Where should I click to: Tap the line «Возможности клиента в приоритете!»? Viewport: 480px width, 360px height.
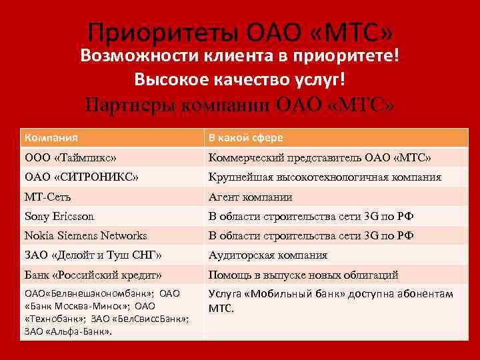pyautogui.click(x=239, y=55)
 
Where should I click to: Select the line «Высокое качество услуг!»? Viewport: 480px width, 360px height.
pyautogui.click(x=239, y=79)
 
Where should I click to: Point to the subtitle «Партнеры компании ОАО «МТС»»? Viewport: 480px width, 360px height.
pyautogui.click(x=239, y=105)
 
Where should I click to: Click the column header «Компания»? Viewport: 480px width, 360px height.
pyautogui.click(x=51, y=138)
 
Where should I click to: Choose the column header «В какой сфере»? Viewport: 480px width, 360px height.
pyautogui.click(x=246, y=138)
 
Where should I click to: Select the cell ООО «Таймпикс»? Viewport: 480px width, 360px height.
pyautogui.click(x=71, y=158)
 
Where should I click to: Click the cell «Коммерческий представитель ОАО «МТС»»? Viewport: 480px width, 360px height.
pyautogui.click(x=320, y=158)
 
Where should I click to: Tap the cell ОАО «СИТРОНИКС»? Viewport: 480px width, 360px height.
pyautogui.click(x=82, y=177)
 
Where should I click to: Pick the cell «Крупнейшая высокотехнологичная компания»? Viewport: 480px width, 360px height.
pyautogui.click(x=325, y=177)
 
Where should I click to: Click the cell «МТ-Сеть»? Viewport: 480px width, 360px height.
pyautogui.click(x=48, y=197)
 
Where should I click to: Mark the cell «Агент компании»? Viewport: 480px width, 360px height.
pyautogui.click(x=250, y=197)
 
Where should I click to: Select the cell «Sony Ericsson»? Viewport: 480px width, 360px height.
pyautogui.click(x=59, y=216)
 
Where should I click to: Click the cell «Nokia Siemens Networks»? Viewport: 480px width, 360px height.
pyautogui.click(x=86, y=235)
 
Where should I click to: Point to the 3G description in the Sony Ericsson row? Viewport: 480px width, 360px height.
pyautogui.click(x=311, y=216)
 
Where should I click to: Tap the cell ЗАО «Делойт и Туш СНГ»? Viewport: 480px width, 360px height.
pyautogui.click(x=93, y=255)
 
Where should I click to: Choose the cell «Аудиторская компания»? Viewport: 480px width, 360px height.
pyautogui.click(x=268, y=255)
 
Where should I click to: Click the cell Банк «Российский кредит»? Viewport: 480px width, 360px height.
pyautogui.click(x=93, y=275)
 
